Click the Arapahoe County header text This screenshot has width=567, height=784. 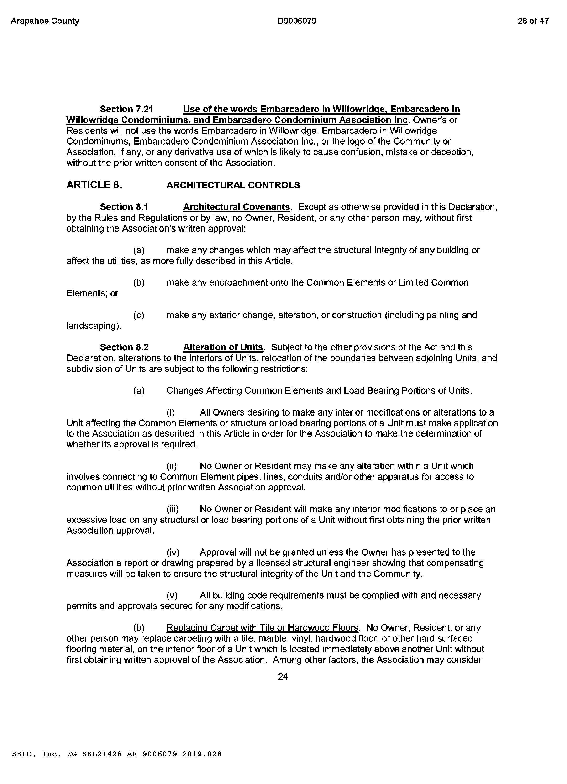coord(45,21)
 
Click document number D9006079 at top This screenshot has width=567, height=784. coord(297,21)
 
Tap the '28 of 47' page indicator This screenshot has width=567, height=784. coord(533,21)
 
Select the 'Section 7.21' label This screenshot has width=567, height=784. coord(126,109)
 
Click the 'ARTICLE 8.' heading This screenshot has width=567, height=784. coord(94,185)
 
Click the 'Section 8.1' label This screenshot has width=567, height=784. coord(124,207)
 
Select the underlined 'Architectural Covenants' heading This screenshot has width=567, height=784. coord(236,207)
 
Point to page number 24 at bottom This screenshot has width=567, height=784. coord(283,676)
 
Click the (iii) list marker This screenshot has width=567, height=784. coord(173,509)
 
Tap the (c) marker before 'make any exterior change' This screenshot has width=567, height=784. coord(139,315)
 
